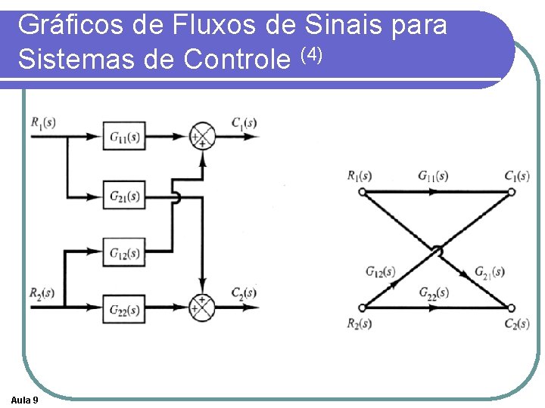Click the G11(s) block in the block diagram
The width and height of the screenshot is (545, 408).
tap(124, 137)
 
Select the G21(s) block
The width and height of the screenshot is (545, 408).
tap(124, 196)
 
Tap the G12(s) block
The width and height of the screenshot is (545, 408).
tap(124, 252)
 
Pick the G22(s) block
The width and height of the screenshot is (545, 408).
tap(124, 308)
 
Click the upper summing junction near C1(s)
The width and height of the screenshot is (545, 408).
tap(202, 137)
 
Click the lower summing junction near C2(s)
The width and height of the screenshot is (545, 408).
tap(202, 306)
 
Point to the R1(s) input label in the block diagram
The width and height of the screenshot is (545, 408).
tap(43, 122)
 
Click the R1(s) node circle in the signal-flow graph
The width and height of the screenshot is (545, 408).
tap(362, 192)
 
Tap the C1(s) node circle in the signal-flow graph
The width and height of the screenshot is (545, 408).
tap(512, 192)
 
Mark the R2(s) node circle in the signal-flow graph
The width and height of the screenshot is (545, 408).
tap(362, 307)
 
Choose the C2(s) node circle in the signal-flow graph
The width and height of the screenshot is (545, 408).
tap(512, 307)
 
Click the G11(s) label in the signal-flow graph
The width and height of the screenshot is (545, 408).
tap(433, 176)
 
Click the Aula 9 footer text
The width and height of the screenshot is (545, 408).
tap(26, 399)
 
